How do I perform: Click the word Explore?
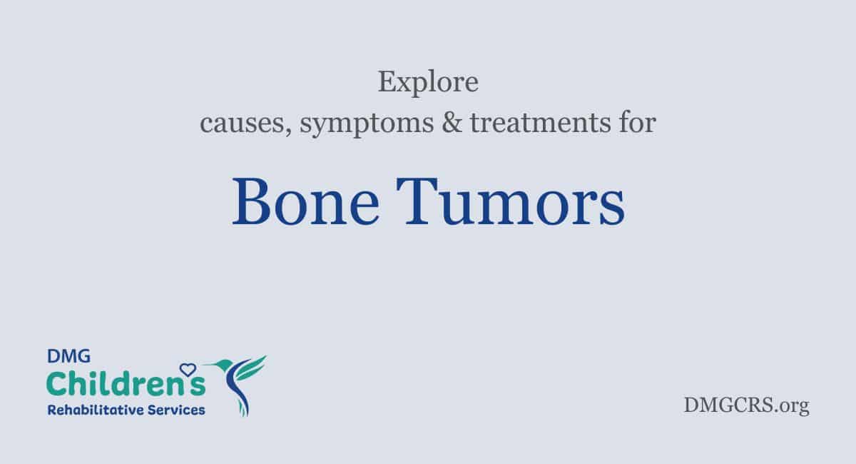428,82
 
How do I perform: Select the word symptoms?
367,124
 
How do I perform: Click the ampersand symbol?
452,123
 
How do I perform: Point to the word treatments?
541,123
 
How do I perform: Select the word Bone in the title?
306,201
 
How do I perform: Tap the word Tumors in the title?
511,201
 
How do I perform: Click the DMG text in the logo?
68,356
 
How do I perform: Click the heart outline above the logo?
188,370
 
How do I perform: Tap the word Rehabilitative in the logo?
96,410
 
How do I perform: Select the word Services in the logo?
176,410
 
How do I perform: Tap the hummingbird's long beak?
209,365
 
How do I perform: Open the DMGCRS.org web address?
746,405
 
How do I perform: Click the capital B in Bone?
251,201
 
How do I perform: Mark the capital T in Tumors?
417,201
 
